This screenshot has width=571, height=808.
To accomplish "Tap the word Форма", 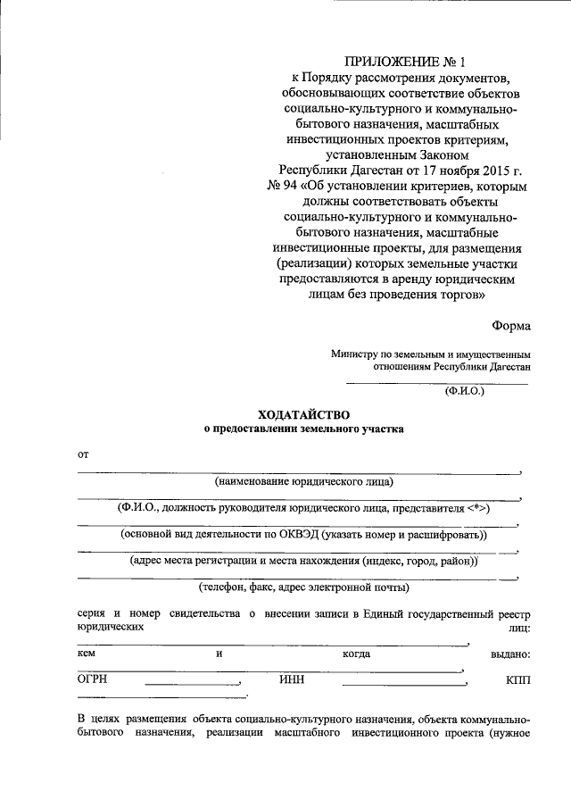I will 510,326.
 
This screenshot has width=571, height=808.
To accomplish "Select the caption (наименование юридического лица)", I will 303,482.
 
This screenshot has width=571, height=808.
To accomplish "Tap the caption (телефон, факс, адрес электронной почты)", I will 303,587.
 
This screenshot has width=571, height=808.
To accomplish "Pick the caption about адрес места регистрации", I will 303,562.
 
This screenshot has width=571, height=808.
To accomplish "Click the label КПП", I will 517,680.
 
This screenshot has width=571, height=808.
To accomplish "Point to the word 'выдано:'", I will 510,654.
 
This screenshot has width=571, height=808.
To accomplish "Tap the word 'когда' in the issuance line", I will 357,654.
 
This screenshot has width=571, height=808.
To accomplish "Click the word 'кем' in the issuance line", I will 87,654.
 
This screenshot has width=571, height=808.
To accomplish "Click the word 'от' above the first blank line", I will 83,455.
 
